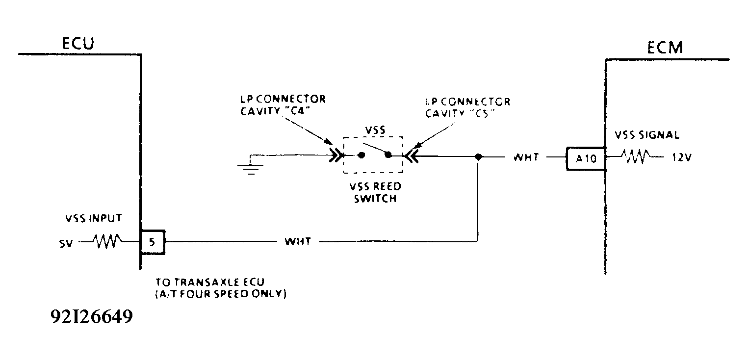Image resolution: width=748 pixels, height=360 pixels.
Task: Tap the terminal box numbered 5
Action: click(153, 241)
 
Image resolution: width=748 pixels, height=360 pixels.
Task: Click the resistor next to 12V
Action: click(636, 157)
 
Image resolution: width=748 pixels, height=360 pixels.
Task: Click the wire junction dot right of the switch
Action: click(478, 157)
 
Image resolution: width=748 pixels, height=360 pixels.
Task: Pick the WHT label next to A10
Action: click(526, 158)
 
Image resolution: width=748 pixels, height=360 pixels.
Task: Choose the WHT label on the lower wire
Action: click(297, 242)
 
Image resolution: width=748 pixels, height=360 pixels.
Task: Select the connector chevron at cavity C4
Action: click(337, 156)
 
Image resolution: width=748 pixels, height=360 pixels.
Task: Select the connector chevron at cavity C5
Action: click(411, 156)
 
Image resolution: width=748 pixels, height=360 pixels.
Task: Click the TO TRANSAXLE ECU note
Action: click(221, 288)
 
